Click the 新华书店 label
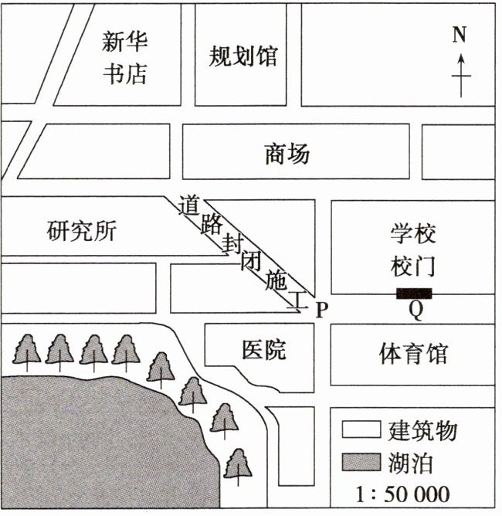125,57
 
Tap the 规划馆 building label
243,56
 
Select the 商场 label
287,154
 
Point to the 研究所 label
81,231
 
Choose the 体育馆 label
413,354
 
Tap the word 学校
413,233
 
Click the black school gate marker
414,293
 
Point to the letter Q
416,311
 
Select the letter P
323,310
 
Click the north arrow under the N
461,75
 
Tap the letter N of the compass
460,35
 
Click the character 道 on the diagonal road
189,206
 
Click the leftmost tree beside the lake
27,351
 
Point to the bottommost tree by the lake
239,465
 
